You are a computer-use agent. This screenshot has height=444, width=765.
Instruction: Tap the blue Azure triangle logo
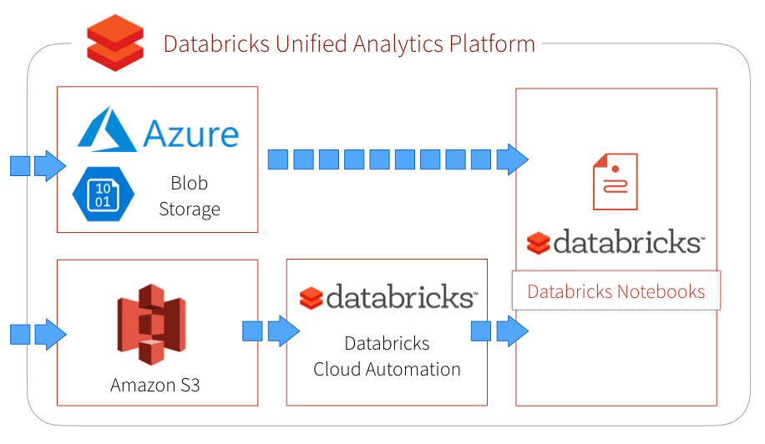(x=108, y=129)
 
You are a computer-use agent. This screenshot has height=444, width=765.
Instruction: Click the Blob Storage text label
(x=190, y=195)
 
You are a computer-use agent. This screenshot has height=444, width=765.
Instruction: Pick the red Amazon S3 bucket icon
(x=151, y=325)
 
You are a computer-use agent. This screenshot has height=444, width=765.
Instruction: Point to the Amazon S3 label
(x=155, y=385)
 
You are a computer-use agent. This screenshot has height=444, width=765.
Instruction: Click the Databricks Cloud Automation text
(x=387, y=356)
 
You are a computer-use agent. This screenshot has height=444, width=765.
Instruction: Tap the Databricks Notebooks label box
(x=616, y=291)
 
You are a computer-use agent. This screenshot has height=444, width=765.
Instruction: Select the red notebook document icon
(x=615, y=181)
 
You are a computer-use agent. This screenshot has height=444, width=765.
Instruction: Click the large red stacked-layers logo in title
(x=115, y=43)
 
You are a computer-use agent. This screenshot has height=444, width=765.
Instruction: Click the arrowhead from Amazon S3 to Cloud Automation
(x=283, y=330)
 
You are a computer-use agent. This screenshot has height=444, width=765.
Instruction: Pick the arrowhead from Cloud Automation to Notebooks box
(x=512, y=330)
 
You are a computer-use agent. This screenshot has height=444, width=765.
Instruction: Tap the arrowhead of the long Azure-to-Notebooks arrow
(x=512, y=159)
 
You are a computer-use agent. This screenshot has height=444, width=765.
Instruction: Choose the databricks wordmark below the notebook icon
(x=626, y=242)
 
